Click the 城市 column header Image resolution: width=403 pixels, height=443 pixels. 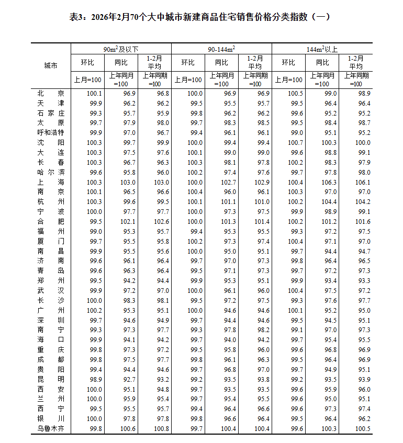coord(51,65)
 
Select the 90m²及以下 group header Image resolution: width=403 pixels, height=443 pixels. coord(121,49)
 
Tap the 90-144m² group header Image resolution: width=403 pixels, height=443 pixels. coord(221,49)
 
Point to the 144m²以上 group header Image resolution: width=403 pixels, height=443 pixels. coord(322,49)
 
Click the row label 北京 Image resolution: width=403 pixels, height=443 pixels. coord(51,93)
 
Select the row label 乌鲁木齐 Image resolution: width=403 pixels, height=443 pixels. coord(51,429)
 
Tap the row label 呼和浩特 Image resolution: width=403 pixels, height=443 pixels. coord(51,132)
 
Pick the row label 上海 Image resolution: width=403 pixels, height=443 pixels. coord(51,182)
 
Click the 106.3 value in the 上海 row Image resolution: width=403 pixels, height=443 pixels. coord(330,182)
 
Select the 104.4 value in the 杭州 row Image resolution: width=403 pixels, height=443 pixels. coord(330,202)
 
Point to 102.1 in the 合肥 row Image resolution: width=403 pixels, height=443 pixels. coord(129,221)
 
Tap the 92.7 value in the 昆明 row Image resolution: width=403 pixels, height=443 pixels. coord(129,379)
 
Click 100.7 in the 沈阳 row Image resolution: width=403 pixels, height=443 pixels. coord(296,142)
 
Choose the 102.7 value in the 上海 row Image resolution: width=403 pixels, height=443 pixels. coord(230,182)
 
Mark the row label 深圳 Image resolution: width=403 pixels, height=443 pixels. coord(51,320)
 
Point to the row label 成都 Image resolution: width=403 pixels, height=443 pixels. coord(51,359)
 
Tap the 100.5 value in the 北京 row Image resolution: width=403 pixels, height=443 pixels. coord(296,93)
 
